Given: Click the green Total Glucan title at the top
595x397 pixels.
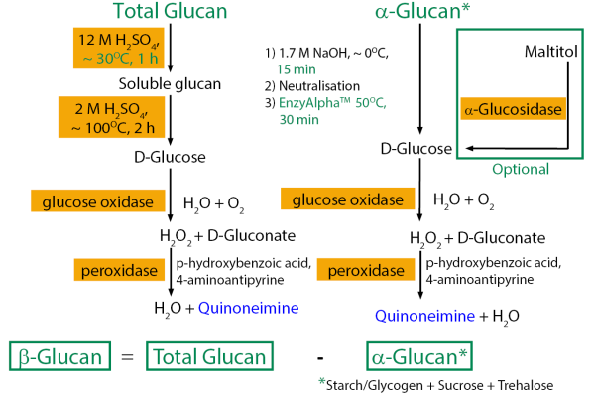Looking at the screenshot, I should (174, 13).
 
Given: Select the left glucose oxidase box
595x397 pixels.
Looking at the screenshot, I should (98, 202).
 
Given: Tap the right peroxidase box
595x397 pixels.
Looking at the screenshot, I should (366, 270).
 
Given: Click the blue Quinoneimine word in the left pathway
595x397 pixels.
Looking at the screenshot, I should (248, 308).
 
